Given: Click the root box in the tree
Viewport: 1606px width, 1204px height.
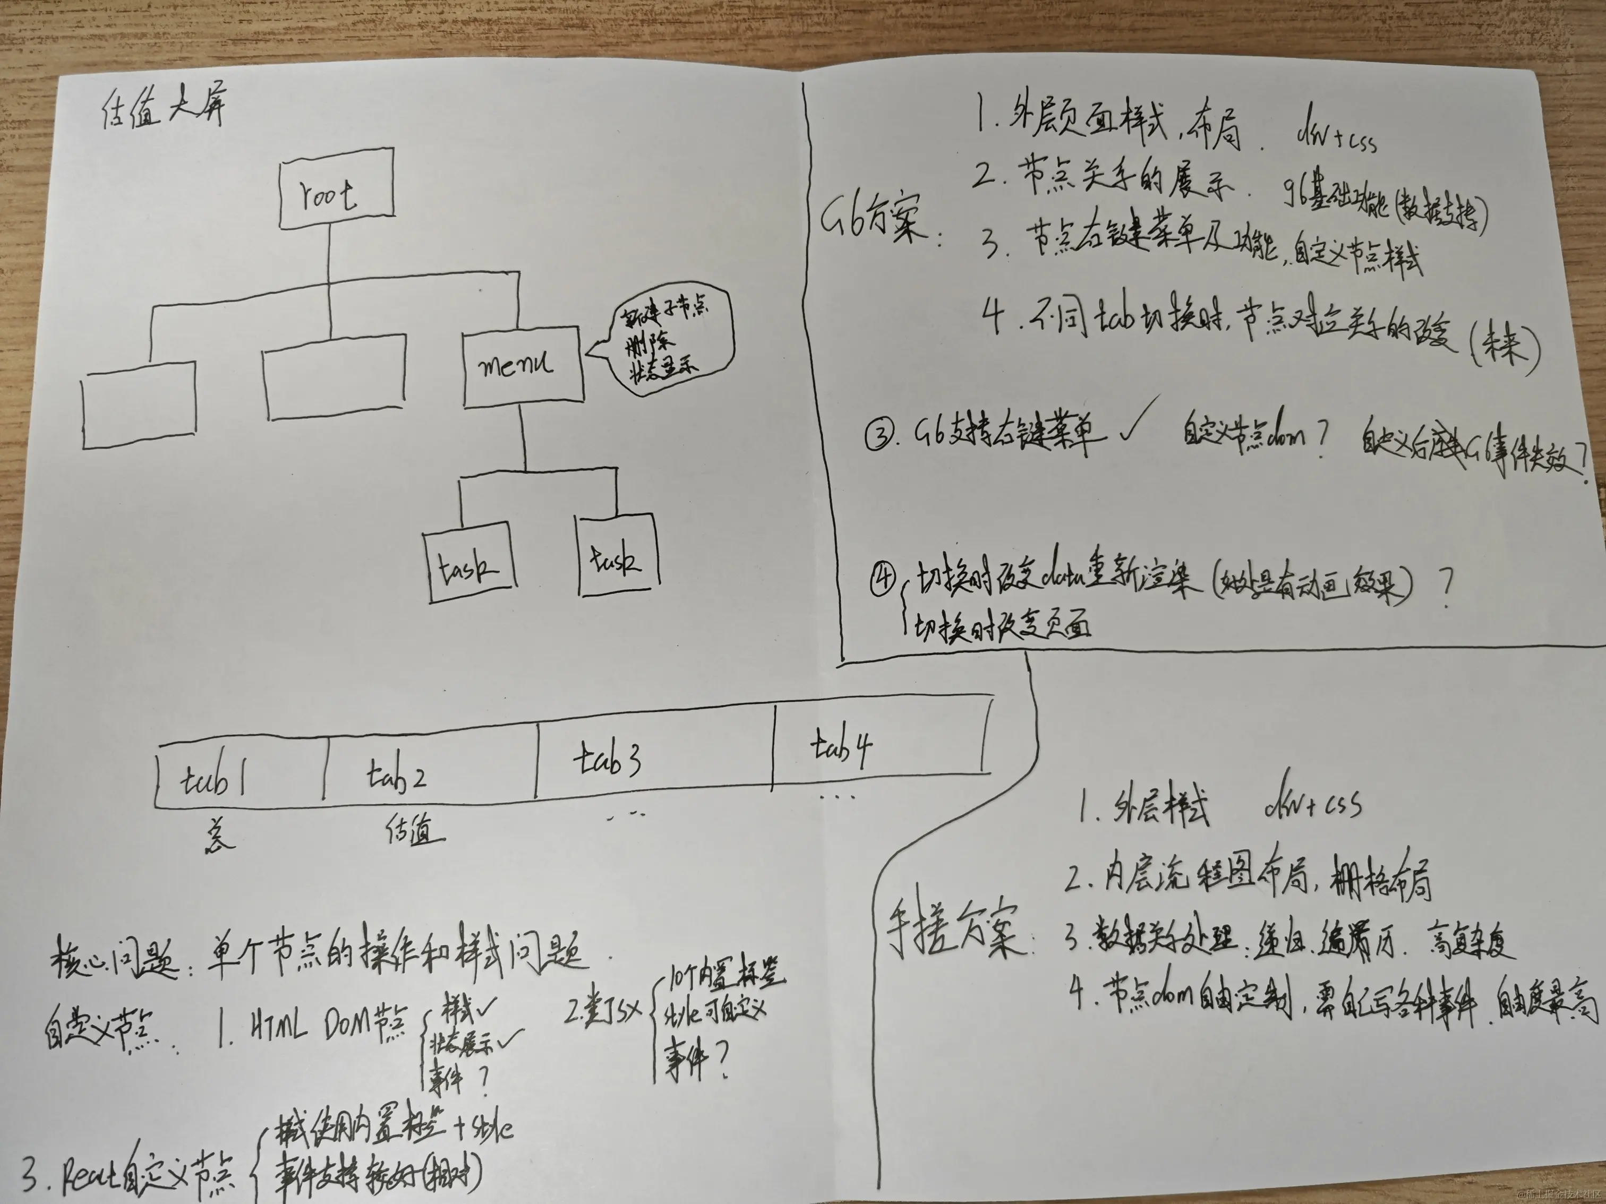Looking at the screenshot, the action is (x=337, y=188).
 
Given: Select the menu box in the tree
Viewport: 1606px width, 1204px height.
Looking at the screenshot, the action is (x=522, y=366).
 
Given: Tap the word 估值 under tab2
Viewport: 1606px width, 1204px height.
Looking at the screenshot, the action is (x=414, y=831).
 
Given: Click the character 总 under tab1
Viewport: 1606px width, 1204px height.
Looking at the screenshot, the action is (x=218, y=835).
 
